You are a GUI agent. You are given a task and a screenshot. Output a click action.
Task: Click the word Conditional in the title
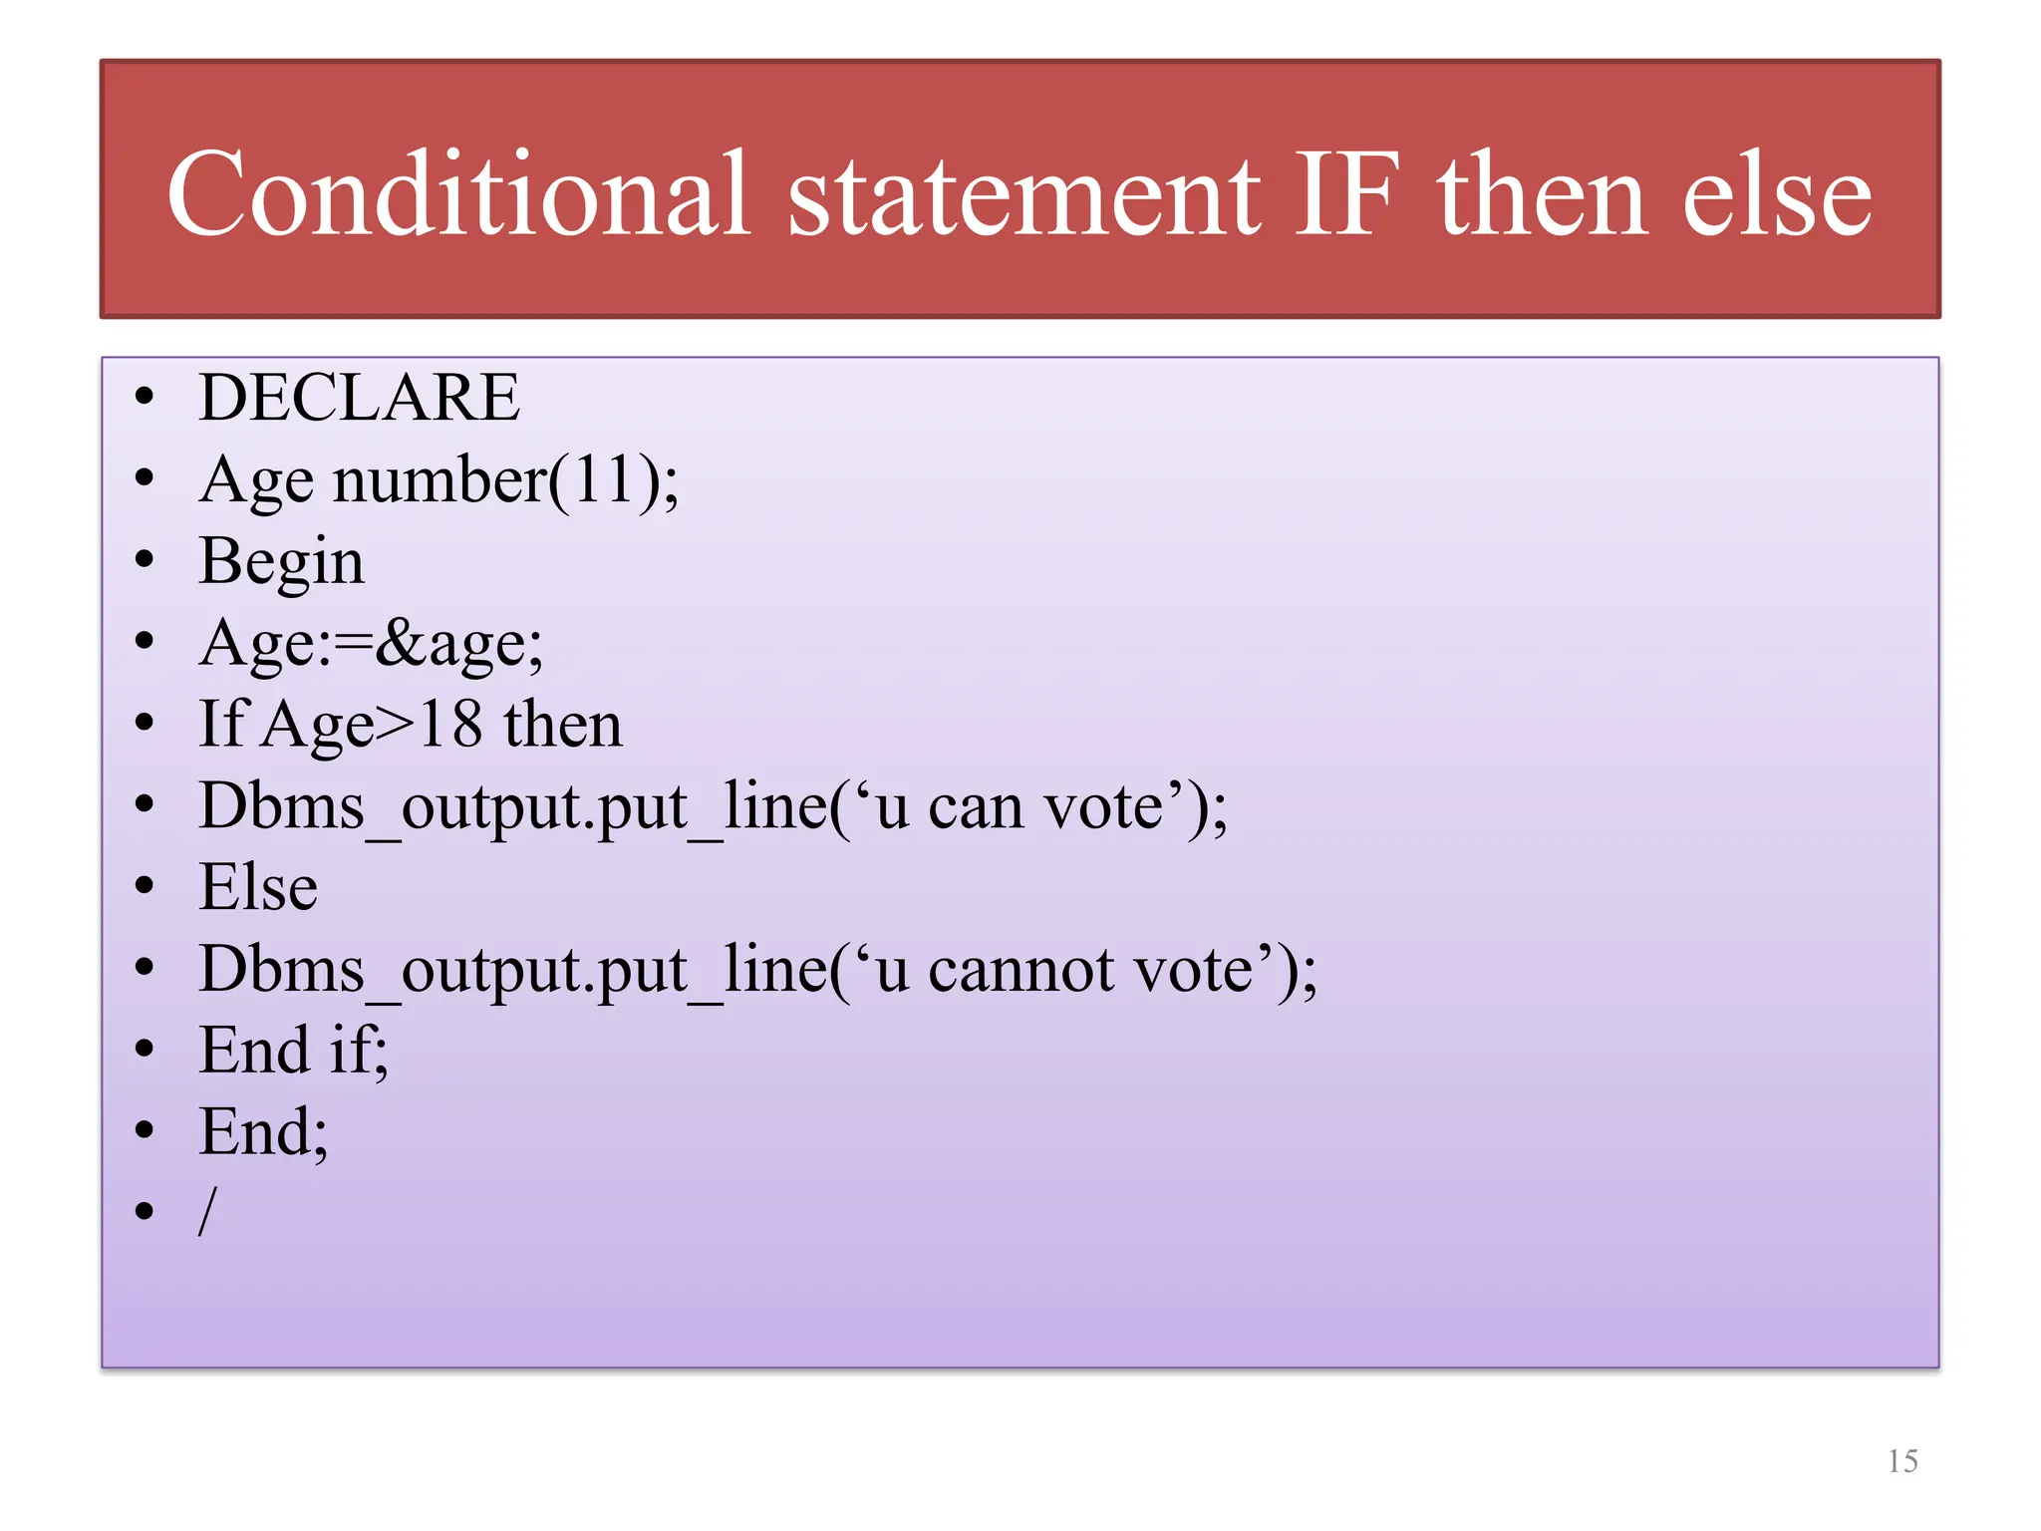[457, 194]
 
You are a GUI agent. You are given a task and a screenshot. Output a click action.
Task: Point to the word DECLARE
[359, 398]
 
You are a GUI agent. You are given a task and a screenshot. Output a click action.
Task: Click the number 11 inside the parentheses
[602, 479]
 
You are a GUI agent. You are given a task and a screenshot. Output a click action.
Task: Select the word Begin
[282, 562]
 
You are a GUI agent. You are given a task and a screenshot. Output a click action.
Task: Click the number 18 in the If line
[449, 725]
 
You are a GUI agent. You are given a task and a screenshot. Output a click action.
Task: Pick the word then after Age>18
[563, 725]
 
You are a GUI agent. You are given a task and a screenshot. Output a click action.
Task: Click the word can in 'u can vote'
[976, 806]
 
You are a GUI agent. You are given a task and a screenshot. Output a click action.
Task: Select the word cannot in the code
[1020, 970]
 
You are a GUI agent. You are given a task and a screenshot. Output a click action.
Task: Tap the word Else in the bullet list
[258, 887]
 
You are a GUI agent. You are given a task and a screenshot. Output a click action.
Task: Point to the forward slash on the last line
[207, 1212]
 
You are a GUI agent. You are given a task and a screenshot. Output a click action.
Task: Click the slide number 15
[1901, 1461]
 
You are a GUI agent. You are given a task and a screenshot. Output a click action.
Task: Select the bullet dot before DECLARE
[146, 398]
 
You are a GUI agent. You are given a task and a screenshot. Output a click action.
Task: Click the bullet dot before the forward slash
[146, 1212]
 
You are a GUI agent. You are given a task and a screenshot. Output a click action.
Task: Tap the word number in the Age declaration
[439, 479]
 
